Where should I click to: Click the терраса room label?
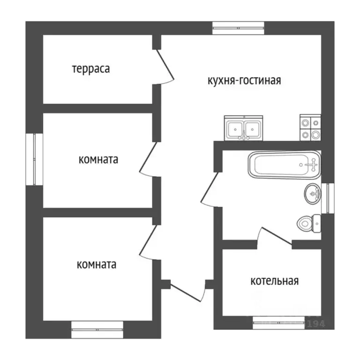tap(91, 69)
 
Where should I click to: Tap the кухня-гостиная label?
tap(244, 80)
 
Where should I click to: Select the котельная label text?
tap(274, 281)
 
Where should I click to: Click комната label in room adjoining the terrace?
tap(98, 159)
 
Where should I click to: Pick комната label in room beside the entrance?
tap(97, 264)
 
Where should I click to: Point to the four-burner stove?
tap(310, 128)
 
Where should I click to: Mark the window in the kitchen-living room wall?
tap(239, 28)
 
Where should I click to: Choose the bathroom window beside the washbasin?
tap(330, 197)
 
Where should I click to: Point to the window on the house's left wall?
tap(34, 159)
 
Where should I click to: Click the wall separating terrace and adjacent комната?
tap(98, 108)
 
